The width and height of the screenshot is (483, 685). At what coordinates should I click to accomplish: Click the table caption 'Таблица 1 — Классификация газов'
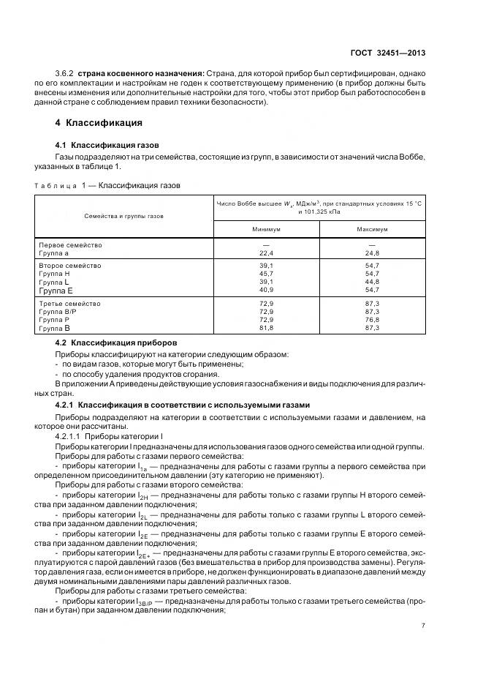[107, 185]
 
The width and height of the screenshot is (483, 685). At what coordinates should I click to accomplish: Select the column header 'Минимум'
[266, 229]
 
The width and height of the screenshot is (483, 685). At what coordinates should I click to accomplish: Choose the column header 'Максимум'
[372, 229]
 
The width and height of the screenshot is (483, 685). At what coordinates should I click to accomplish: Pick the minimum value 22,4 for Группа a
[266, 252]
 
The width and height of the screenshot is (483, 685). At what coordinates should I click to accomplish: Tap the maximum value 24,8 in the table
[372, 252]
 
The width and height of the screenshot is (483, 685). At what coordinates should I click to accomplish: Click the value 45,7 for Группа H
[266, 274]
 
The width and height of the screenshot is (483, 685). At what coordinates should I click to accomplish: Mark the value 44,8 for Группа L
[372, 282]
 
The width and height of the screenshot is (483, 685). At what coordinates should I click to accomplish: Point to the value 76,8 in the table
[372, 320]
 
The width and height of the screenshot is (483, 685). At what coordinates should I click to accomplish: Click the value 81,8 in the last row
[266, 329]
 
